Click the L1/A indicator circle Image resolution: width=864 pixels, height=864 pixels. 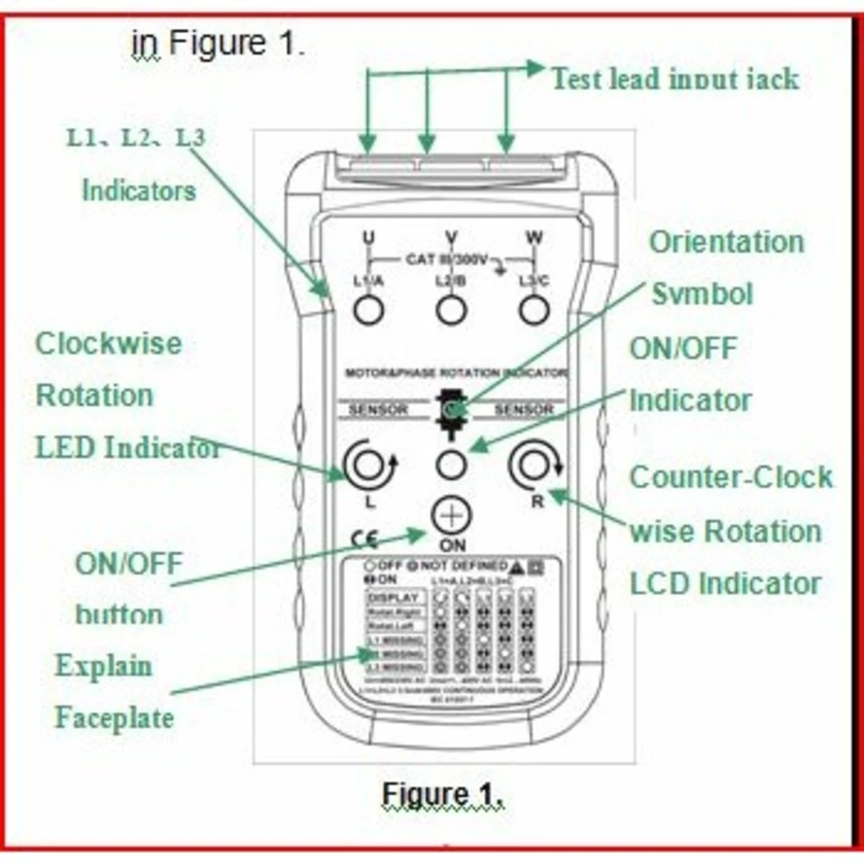[369, 309]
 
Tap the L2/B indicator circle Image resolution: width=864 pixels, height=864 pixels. [451, 309]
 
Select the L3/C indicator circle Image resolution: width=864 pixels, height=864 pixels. [534, 309]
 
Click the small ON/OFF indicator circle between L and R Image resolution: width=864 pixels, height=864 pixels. [451, 465]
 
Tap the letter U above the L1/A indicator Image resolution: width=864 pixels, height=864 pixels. [369, 237]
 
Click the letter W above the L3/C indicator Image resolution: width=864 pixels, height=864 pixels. [534, 237]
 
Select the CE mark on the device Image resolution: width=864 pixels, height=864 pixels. [364, 540]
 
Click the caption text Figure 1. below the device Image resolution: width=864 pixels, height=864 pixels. [442, 793]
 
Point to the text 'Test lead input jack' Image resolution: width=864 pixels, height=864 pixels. [675, 79]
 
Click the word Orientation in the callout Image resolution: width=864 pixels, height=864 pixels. [726, 242]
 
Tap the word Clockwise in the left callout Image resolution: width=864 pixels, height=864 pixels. [108, 343]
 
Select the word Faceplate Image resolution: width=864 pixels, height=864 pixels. [114, 717]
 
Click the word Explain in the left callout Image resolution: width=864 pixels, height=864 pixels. [104, 666]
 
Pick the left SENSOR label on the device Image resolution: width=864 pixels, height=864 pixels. [378, 409]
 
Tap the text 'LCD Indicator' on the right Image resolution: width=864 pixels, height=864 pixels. [725, 583]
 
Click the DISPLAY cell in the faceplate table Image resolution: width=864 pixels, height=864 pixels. [394, 598]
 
